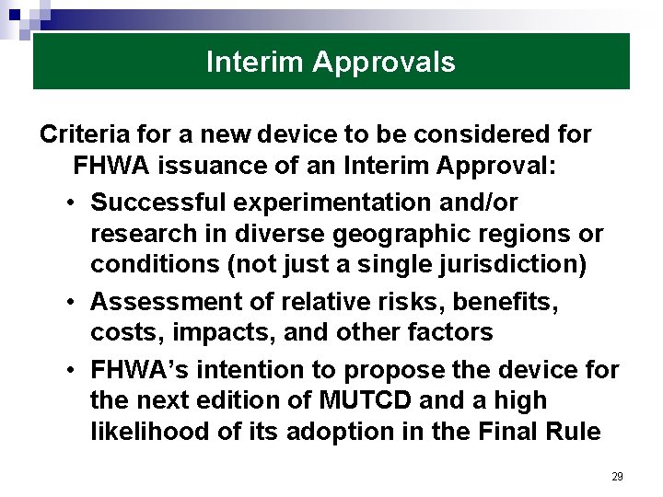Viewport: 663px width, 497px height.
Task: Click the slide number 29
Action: coord(617,477)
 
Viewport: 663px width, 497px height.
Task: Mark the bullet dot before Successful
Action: coord(71,202)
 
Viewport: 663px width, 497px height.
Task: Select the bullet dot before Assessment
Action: coord(71,302)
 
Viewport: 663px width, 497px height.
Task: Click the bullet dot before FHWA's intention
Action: coord(71,369)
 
